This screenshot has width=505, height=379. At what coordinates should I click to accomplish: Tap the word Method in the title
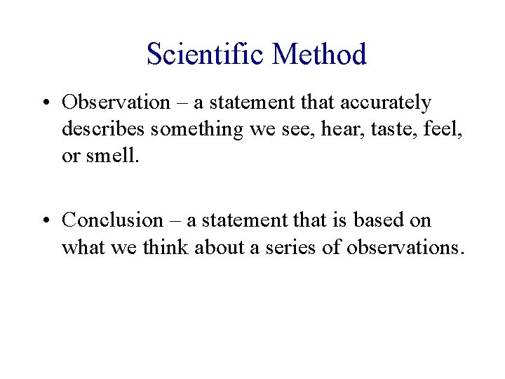click(x=320, y=54)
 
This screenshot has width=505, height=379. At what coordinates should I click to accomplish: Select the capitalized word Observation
click(x=116, y=102)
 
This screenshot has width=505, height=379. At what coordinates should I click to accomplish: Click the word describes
click(x=103, y=129)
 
